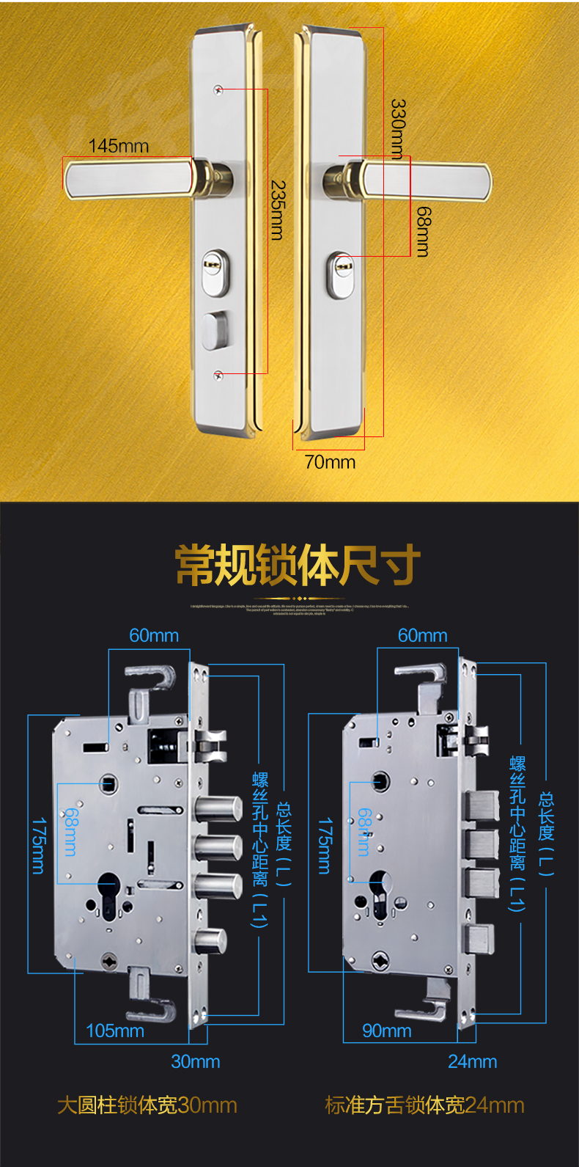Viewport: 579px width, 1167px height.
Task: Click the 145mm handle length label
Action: tap(118, 146)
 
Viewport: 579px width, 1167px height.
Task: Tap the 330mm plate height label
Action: tap(398, 128)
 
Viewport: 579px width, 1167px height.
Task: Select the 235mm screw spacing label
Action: tap(277, 210)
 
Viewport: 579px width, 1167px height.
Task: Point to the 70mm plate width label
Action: tap(330, 462)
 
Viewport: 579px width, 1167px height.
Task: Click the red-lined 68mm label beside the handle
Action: tap(423, 231)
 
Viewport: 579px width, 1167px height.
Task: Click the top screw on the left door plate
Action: tap(218, 89)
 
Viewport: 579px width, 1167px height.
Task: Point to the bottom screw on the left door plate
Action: tap(218, 376)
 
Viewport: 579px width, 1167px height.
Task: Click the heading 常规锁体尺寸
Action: tap(298, 565)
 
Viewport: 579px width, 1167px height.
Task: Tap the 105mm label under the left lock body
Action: tap(115, 1031)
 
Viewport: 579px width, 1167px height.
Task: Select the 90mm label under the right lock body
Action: tap(386, 1031)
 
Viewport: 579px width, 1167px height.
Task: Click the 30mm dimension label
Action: tap(195, 1061)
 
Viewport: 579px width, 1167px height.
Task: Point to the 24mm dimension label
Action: tap(472, 1061)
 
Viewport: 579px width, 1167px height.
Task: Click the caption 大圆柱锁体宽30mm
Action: tap(147, 1105)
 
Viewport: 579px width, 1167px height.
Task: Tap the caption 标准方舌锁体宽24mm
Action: tap(424, 1105)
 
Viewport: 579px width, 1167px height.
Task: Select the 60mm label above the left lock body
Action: tap(154, 635)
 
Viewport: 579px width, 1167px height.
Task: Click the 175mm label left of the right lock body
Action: tap(324, 845)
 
